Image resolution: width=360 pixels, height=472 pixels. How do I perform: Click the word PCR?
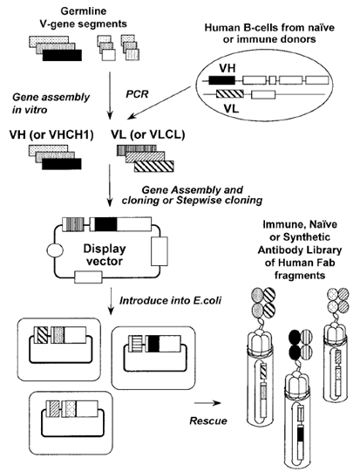tap(137, 94)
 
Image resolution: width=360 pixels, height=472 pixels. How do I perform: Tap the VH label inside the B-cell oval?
tap(227, 68)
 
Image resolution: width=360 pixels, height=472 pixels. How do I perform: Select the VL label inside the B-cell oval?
tap(231, 108)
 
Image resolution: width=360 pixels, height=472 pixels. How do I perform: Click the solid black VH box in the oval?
tap(222, 79)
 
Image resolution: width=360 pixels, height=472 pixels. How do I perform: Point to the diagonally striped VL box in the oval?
tap(230, 94)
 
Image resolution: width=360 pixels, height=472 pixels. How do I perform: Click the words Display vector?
tap(105, 255)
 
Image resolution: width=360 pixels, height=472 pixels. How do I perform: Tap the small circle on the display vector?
tap(55, 250)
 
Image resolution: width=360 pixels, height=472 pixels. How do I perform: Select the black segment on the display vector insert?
tap(105, 224)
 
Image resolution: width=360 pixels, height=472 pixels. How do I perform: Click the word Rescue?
tap(208, 421)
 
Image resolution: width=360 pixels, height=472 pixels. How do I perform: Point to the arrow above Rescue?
tap(207, 403)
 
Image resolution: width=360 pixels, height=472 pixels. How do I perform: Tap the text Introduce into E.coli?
tap(171, 301)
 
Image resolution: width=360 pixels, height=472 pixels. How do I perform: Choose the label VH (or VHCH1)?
tap(51, 135)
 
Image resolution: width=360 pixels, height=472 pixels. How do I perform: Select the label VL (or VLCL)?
tap(147, 135)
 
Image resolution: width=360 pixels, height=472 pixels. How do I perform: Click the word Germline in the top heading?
tap(84, 11)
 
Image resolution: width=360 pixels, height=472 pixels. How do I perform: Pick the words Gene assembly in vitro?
tap(51, 103)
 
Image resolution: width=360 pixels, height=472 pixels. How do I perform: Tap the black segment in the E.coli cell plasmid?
tap(153, 344)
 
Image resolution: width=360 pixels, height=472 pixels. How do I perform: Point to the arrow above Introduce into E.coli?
tap(111, 301)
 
